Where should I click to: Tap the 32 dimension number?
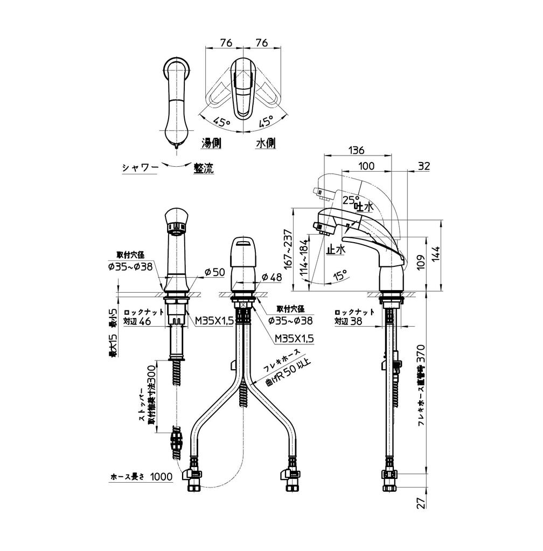[424, 166]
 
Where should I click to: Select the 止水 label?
[335, 249]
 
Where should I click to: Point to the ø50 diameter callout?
[214, 273]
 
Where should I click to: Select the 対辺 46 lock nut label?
[137, 322]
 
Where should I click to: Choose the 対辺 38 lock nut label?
[348, 322]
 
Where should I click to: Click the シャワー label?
[140, 168]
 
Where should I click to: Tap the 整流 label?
[204, 168]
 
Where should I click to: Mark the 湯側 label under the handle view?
[212, 143]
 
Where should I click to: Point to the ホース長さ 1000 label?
[141, 476]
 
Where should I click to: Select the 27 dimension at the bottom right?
[421, 503]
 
